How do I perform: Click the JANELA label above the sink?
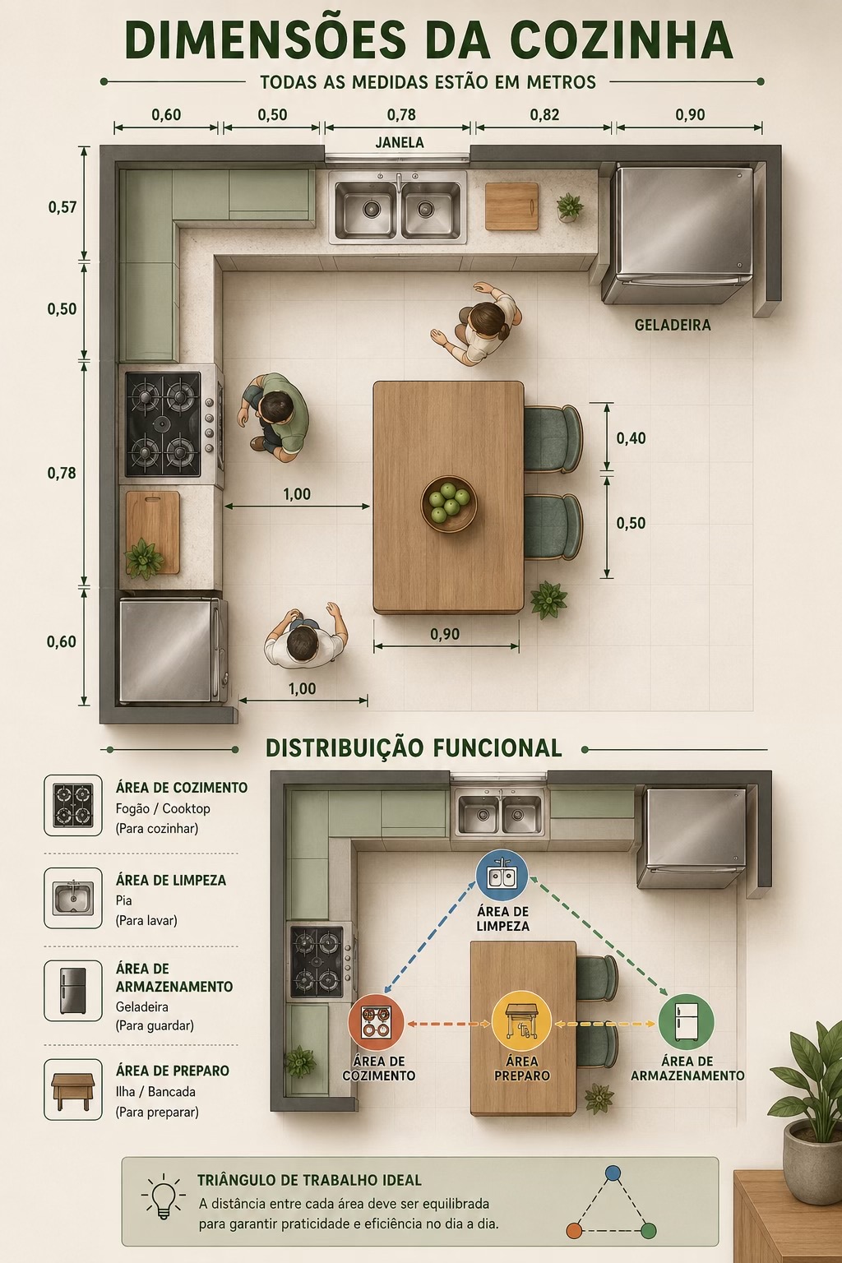(400, 142)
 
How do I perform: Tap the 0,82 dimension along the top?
(544, 115)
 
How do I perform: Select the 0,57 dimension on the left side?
(62, 207)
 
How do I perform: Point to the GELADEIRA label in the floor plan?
(673, 326)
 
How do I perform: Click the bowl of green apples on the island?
(449, 503)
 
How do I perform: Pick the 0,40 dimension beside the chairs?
(631, 438)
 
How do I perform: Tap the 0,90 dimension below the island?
(445, 634)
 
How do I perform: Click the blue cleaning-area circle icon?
(502, 875)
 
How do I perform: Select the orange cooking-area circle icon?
(377, 1022)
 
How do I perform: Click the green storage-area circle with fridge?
(687, 1022)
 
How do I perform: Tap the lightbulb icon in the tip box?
(164, 1196)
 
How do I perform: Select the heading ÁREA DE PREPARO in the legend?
(173, 1071)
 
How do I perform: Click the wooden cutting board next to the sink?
(511, 206)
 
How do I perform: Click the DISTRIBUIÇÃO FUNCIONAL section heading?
(414, 748)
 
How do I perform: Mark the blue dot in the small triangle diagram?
(613, 1173)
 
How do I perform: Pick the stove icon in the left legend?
(73, 805)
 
